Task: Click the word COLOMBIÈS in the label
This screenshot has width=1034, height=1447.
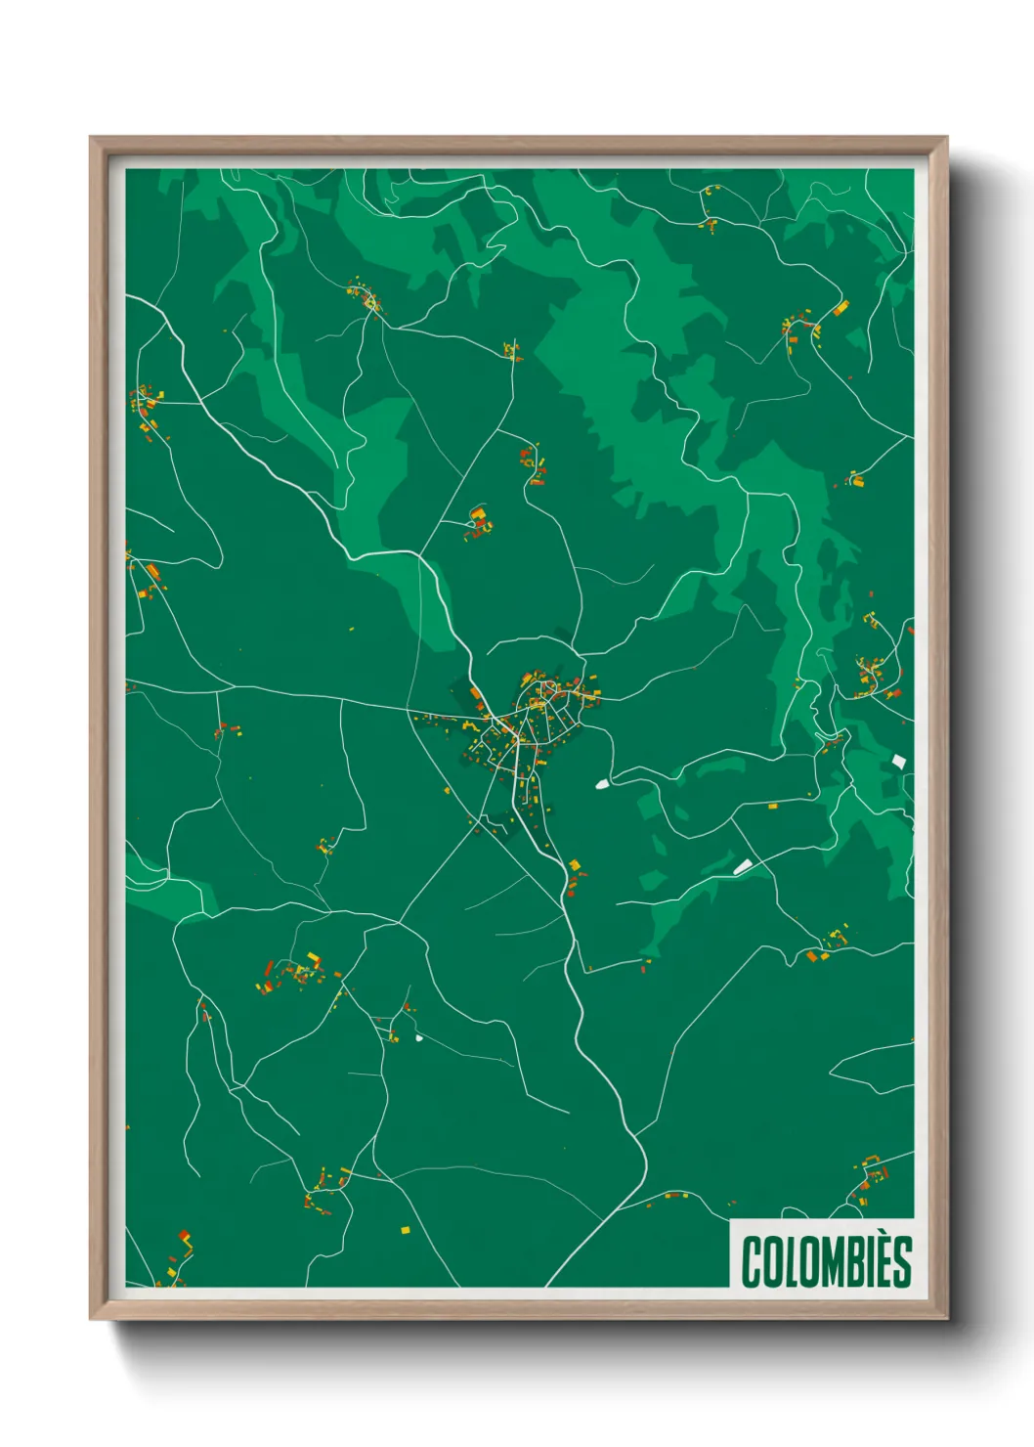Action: [x=826, y=1261]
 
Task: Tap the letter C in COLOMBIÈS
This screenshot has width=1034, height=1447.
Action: [x=752, y=1262]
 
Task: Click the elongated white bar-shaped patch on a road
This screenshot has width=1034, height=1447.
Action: [x=744, y=866]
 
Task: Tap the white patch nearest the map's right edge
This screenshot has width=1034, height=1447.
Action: [x=899, y=761]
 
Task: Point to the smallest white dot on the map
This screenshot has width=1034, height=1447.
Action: [x=419, y=1037]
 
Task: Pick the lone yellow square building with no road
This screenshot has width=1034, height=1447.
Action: [x=406, y=1229]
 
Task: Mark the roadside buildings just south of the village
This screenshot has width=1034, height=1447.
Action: [x=574, y=875]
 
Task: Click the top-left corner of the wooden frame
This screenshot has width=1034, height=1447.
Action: [x=91, y=138]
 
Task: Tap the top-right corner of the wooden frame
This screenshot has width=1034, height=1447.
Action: [x=946, y=138]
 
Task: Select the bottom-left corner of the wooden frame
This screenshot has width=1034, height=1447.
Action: [x=91, y=1318]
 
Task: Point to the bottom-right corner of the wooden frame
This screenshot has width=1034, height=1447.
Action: [x=946, y=1318]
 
